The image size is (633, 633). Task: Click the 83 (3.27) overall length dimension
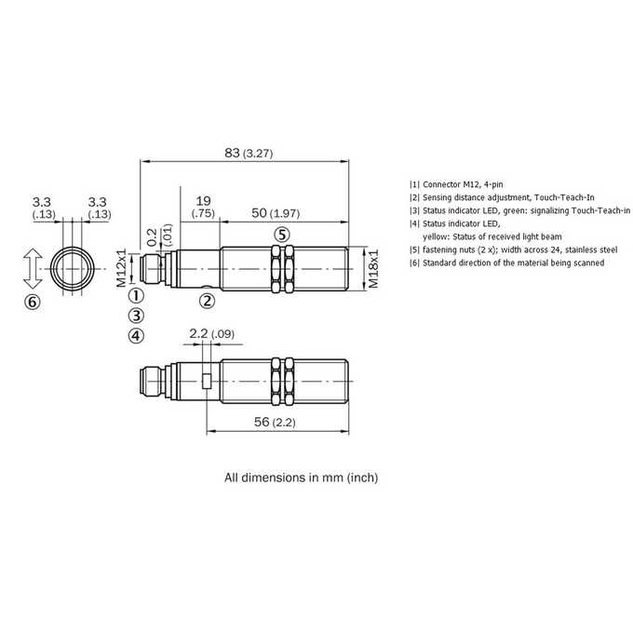coord(249,153)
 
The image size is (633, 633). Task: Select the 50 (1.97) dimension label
coord(276,213)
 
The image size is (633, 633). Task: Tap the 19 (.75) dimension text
coord(203,207)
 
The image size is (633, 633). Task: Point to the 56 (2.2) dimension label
coord(275,422)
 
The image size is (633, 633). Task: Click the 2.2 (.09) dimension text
coord(211,334)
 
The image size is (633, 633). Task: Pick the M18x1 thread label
coord(374,268)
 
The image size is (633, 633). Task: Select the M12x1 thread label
coord(122,268)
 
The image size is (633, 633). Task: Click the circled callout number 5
coord(282,235)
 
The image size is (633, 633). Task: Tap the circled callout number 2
coord(208,301)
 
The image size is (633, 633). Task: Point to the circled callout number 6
coord(33,302)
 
